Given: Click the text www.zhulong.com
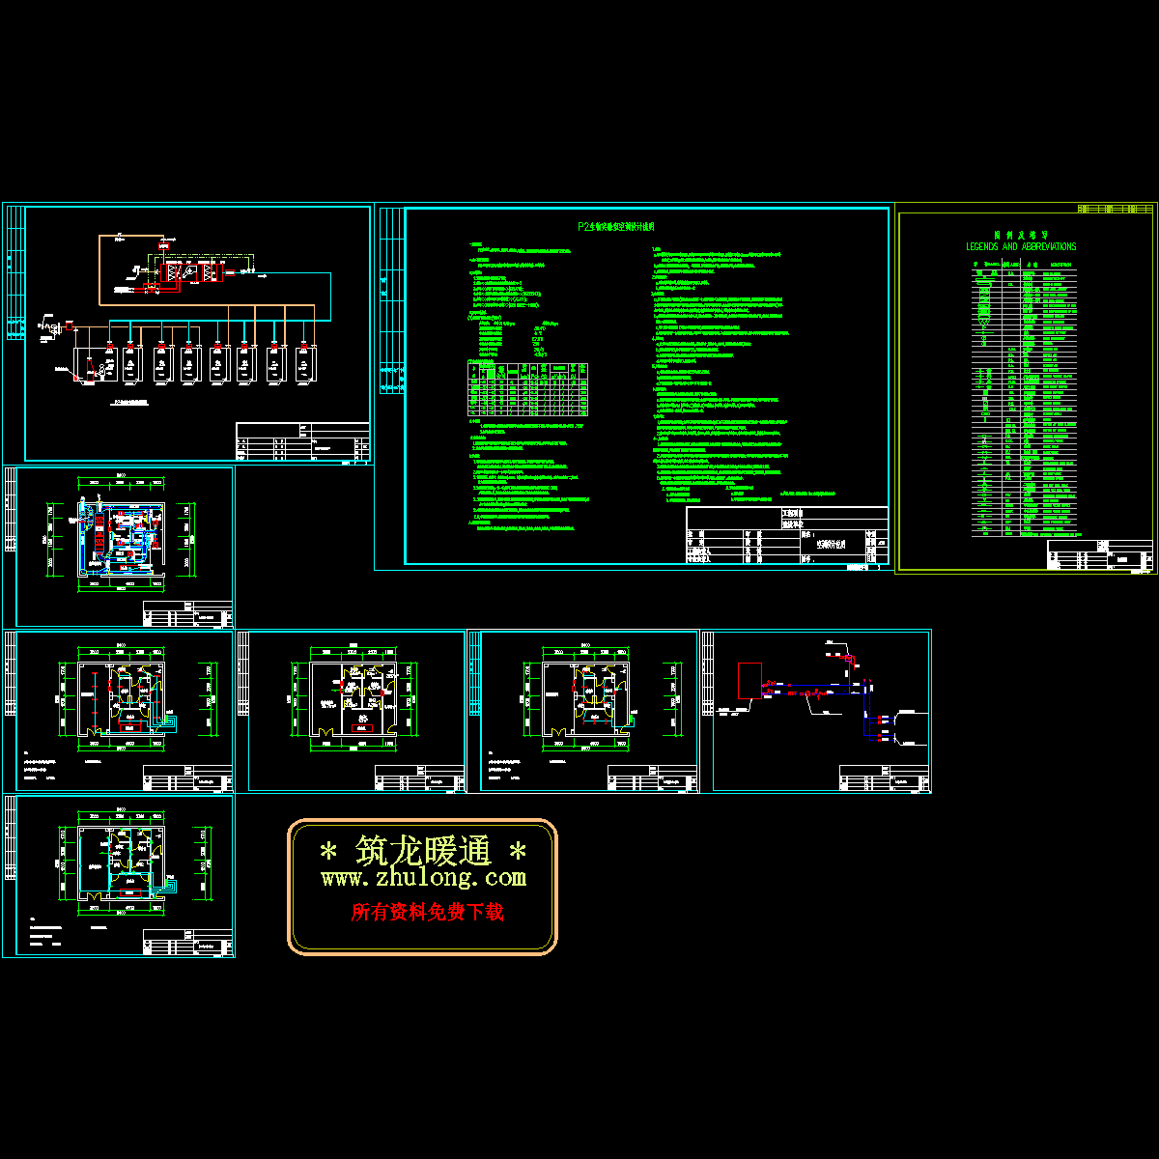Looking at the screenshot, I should [423, 878].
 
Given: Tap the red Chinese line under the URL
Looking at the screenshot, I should [427, 912].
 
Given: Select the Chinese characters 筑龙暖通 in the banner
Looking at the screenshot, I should [424, 851].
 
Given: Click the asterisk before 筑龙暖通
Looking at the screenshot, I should [328, 852].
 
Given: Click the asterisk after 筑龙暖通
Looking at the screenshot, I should [518, 852].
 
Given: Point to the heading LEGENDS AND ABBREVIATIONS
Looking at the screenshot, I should [1021, 246].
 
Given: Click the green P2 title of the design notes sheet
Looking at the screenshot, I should [616, 227].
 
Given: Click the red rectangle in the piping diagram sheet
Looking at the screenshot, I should [749, 681].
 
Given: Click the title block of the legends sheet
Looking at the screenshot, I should [1100, 555].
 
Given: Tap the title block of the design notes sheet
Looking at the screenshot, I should [787, 535].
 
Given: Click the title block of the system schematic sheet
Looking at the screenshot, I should [302, 441].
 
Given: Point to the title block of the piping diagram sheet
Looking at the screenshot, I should [884, 777].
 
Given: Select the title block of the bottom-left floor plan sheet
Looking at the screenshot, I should [187, 943].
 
